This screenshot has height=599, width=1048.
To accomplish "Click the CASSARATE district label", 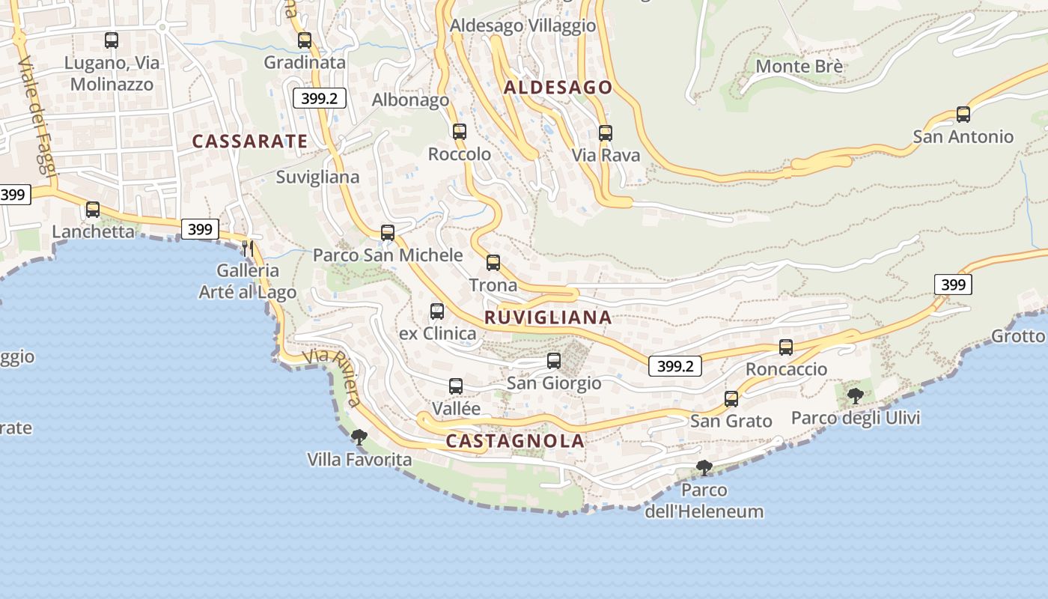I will point(249,141).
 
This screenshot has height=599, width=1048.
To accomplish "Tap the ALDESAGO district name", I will point(558,88).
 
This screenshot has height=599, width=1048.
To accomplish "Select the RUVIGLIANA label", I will point(548,317).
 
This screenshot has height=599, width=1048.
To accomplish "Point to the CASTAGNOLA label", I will point(515,441).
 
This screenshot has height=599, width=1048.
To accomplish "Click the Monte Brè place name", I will point(799,66).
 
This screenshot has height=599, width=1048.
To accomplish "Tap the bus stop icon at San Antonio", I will point(963,115).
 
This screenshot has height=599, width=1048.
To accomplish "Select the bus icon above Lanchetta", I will point(93,210).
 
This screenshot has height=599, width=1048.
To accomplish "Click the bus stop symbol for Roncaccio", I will point(785,347).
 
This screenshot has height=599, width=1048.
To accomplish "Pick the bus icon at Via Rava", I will point(605,133).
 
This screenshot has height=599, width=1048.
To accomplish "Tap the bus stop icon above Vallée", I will point(455,386).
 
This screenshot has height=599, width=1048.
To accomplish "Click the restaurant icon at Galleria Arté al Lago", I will point(248,247).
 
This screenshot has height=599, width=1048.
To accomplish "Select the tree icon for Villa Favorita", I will point(359,437).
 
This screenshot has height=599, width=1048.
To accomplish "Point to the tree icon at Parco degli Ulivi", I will point(855,395).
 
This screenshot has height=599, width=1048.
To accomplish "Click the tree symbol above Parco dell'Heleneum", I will point(704,468).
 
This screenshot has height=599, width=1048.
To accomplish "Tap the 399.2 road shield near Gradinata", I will point(320,98).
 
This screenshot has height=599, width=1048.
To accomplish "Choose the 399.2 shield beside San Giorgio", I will point(674,366).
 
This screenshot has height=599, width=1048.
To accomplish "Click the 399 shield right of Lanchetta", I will point(200,229).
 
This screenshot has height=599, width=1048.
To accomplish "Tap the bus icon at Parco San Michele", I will point(387,233).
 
